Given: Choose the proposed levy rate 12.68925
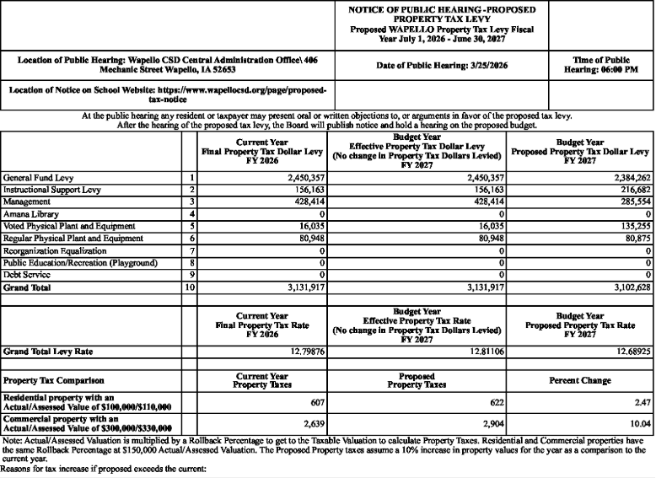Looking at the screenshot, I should [630, 350].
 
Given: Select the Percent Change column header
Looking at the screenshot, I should [580, 380].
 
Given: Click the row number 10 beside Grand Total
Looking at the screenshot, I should [191, 287].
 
